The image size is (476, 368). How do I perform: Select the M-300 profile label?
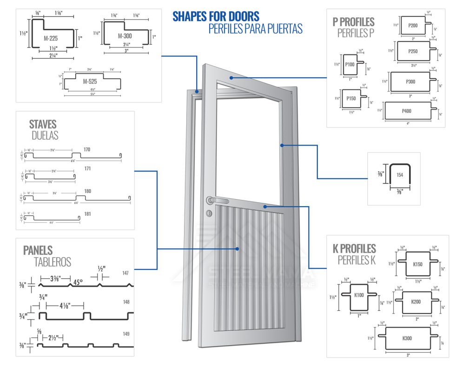click(x=126, y=36)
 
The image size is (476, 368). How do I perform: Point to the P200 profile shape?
click(x=413, y=25)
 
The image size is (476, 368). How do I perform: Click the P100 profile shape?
click(x=350, y=65)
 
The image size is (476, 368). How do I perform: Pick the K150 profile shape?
click(x=417, y=264)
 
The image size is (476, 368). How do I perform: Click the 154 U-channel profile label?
click(x=400, y=175)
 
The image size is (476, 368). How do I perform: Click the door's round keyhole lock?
click(x=209, y=214)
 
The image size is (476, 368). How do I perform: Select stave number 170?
click(x=87, y=150)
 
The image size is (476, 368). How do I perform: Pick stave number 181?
click(x=87, y=214)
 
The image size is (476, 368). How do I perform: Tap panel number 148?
click(x=126, y=302)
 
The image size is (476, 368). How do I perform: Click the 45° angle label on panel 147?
click(x=78, y=282)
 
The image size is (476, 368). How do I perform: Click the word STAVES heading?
click(x=43, y=124)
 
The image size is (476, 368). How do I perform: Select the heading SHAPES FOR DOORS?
click(x=216, y=17)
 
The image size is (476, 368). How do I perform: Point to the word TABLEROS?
click(x=53, y=262)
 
